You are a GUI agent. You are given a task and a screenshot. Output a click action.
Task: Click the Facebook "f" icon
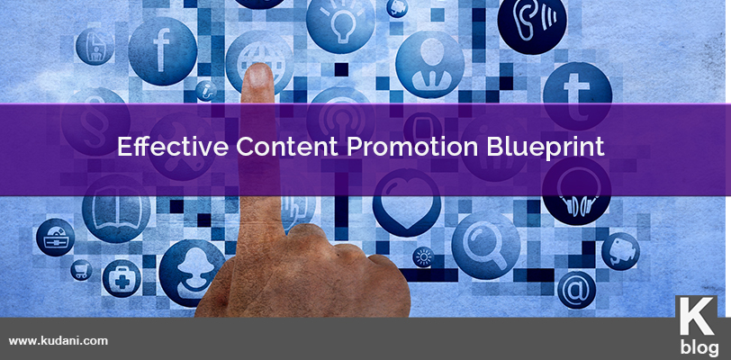pos(162,51)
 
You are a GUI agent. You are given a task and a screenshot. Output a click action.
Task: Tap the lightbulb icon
pos(341,20)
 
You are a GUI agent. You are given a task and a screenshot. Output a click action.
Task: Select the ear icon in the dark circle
pos(532,21)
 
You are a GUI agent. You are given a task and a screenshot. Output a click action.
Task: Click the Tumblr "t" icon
pos(577,96)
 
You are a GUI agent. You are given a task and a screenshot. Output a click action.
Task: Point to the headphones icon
pos(576,191)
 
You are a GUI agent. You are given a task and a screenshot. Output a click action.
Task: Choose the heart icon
pos(407,202)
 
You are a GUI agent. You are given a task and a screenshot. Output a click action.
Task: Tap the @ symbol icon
pos(576,290)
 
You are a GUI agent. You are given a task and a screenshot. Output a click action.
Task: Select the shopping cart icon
pos(81,270)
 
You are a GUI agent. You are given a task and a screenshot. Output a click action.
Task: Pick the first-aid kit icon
pos(122,278)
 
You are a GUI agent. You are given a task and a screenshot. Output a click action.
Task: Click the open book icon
pos(116,209)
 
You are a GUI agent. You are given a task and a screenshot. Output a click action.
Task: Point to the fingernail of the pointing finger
pos(258,77)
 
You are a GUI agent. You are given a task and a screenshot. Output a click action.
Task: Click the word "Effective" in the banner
pos(173,147)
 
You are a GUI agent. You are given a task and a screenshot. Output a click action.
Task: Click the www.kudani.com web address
pos(59,341)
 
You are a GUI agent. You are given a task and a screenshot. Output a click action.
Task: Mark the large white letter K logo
pos(697,316)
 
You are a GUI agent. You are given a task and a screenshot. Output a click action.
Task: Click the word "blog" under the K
pos(699,348)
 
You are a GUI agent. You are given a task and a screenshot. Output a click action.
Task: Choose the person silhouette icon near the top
pos(429,65)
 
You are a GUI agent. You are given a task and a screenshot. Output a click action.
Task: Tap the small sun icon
pos(423,256)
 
